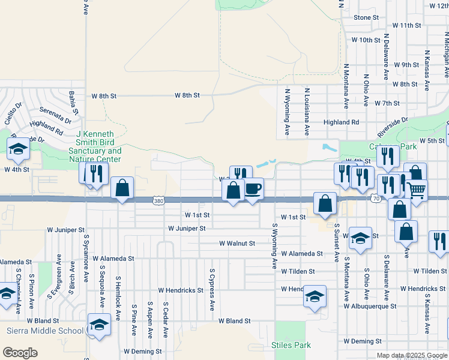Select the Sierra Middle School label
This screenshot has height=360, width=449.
[x=45, y=331]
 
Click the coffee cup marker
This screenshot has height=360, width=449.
[x=253, y=189]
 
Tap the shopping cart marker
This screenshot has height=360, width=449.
[x=417, y=190]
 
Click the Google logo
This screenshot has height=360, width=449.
[x=20, y=353]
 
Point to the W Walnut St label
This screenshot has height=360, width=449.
[x=237, y=244]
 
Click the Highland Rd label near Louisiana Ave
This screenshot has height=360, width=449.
[x=341, y=122]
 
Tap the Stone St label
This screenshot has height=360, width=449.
[x=366, y=17]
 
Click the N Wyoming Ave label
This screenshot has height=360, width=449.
[x=288, y=112]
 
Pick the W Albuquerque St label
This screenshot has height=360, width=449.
[x=370, y=306]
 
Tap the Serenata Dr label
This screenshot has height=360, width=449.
[x=55, y=110]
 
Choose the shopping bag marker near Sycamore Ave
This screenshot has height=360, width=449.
[x=122, y=188]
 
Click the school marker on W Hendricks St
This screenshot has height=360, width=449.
[x=315, y=296]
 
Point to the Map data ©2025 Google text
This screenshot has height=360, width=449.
[x=411, y=355]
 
